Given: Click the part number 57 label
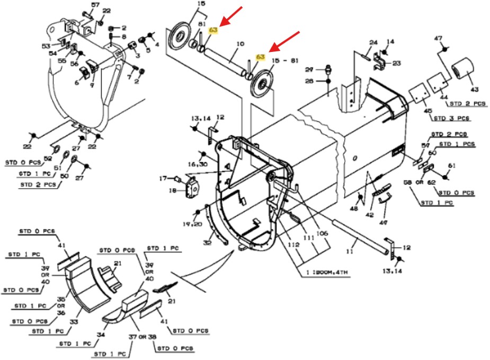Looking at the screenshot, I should (x=95, y=5).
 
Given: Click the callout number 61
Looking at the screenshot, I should (x=451, y=165).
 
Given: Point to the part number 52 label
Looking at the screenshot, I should (x=48, y=159).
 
